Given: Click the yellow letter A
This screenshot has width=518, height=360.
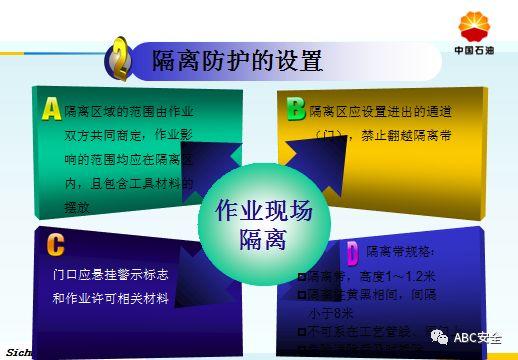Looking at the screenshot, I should click(51, 107).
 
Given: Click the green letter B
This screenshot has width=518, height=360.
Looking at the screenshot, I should click(295, 107).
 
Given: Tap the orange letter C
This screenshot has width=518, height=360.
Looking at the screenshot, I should click(55, 244).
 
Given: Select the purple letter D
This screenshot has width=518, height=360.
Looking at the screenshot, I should click(352, 251).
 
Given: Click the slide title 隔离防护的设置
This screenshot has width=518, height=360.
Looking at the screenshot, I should click(237, 61).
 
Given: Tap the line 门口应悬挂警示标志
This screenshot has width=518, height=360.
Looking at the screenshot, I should click(110, 273).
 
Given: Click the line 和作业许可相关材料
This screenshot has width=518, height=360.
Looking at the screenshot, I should click(110, 298).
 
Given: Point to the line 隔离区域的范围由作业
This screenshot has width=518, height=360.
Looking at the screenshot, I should click(129, 111).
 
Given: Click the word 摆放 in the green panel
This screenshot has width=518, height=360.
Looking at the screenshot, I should click(77, 207).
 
